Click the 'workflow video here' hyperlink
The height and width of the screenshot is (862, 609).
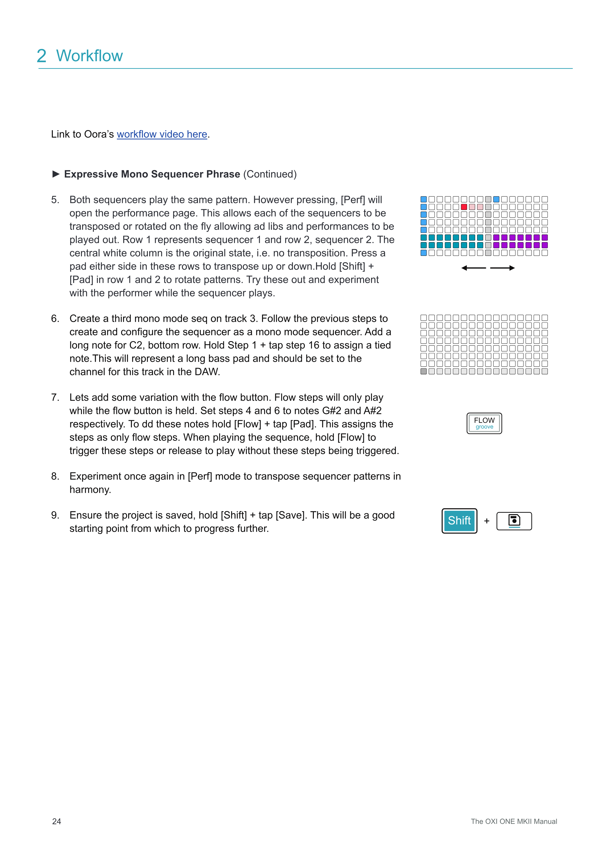[162, 134]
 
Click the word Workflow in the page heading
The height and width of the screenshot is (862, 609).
[90, 56]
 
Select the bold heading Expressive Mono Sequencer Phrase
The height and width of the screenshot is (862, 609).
[152, 174]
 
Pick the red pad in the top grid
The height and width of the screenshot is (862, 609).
[464, 207]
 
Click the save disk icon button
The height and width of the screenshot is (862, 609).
[514, 521]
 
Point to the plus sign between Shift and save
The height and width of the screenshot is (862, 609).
[487, 521]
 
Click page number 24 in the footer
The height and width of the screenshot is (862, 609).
[57, 821]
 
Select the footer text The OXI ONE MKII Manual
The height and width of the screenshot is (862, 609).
[514, 821]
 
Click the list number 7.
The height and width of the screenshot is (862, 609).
[55, 397]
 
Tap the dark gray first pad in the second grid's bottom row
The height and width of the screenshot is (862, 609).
[423, 371]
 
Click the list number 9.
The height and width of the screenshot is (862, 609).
[55, 515]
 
